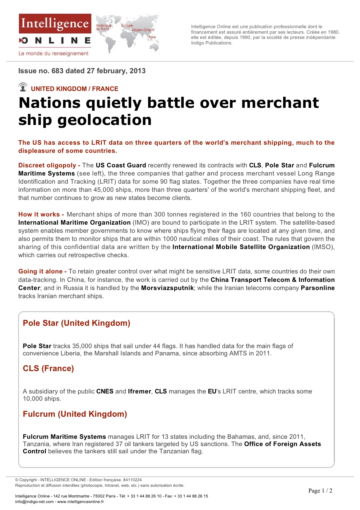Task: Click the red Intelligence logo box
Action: (x=55, y=24)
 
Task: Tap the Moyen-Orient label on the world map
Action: (x=143, y=30)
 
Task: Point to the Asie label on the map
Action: (x=152, y=37)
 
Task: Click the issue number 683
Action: (x=57, y=71)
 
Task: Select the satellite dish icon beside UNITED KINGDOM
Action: (x=23, y=87)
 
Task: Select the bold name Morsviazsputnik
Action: (x=167, y=288)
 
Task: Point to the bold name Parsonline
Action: (x=318, y=288)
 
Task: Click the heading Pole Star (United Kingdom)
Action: (x=76, y=323)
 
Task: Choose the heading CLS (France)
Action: (x=48, y=368)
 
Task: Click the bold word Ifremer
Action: (x=139, y=391)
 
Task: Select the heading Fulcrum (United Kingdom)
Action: (x=75, y=414)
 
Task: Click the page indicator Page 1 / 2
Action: (x=320, y=491)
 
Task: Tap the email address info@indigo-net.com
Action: (x=34, y=502)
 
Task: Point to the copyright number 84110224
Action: (x=132, y=480)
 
